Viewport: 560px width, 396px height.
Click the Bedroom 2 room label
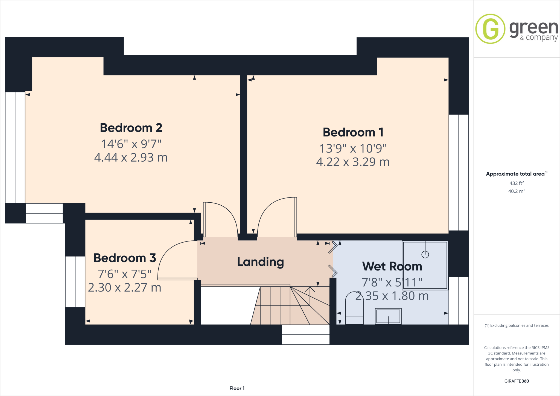pos(131,128)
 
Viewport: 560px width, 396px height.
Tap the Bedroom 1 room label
pos(353,132)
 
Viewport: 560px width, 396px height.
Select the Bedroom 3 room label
pos(125,258)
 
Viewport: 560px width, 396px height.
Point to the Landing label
pos(260,262)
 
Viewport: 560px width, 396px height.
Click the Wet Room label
pos(392,266)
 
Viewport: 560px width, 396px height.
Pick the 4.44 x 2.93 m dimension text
pos(131,158)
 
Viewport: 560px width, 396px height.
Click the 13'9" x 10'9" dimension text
pos(353,148)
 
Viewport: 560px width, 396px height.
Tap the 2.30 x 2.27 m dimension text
pos(125,288)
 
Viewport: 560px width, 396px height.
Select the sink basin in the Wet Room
pos(388,316)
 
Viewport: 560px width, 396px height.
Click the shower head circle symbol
pos(425,255)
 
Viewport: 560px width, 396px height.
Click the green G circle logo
pos(490,29)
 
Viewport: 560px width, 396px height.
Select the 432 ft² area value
pos(517,183)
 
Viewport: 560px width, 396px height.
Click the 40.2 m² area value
pos(517,191)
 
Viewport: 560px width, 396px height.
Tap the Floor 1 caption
pos(237,388)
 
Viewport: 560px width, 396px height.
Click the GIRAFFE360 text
pos(517,381)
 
